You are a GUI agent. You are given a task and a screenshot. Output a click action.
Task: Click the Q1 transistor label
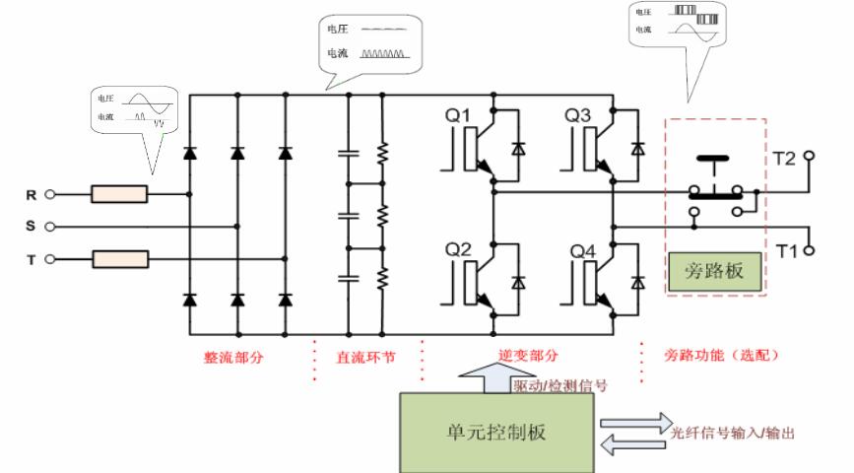(459, 116)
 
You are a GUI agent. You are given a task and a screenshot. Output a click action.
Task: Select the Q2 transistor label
(459, 250)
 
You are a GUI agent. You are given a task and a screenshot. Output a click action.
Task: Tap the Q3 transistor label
(578, 116)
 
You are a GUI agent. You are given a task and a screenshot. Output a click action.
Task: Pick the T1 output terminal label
(786, 250)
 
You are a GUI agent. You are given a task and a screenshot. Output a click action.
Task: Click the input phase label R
(32, 195)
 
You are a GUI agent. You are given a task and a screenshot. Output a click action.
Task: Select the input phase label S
(32, 227)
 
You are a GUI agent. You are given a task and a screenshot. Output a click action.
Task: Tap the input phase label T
(32, 259)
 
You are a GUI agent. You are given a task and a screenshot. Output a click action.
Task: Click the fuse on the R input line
(119, 194)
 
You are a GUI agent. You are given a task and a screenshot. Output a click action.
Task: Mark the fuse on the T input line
(119, 259)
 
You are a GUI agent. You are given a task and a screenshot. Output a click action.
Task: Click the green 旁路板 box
(714, 271)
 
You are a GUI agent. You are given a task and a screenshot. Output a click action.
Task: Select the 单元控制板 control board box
(496, 432)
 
